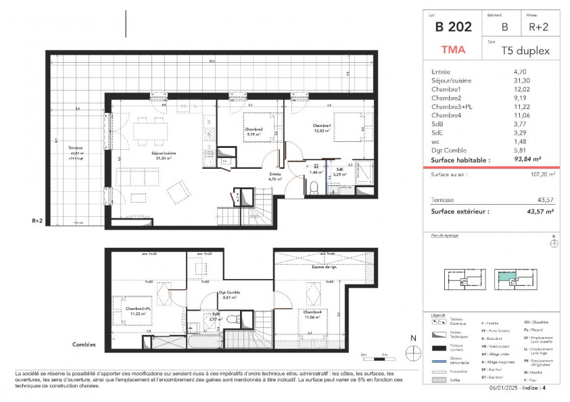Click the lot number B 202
tap(453, 28)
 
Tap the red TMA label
tap(453, 50)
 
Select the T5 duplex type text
tap(525, 51)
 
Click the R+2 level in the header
tap(538, 28)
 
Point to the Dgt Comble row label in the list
tap(447, 151)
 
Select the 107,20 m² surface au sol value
tap(541, 174)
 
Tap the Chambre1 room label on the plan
tap(322, 126)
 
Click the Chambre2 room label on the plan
tap(254, 130)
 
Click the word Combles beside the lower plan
tap(84, 345)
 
